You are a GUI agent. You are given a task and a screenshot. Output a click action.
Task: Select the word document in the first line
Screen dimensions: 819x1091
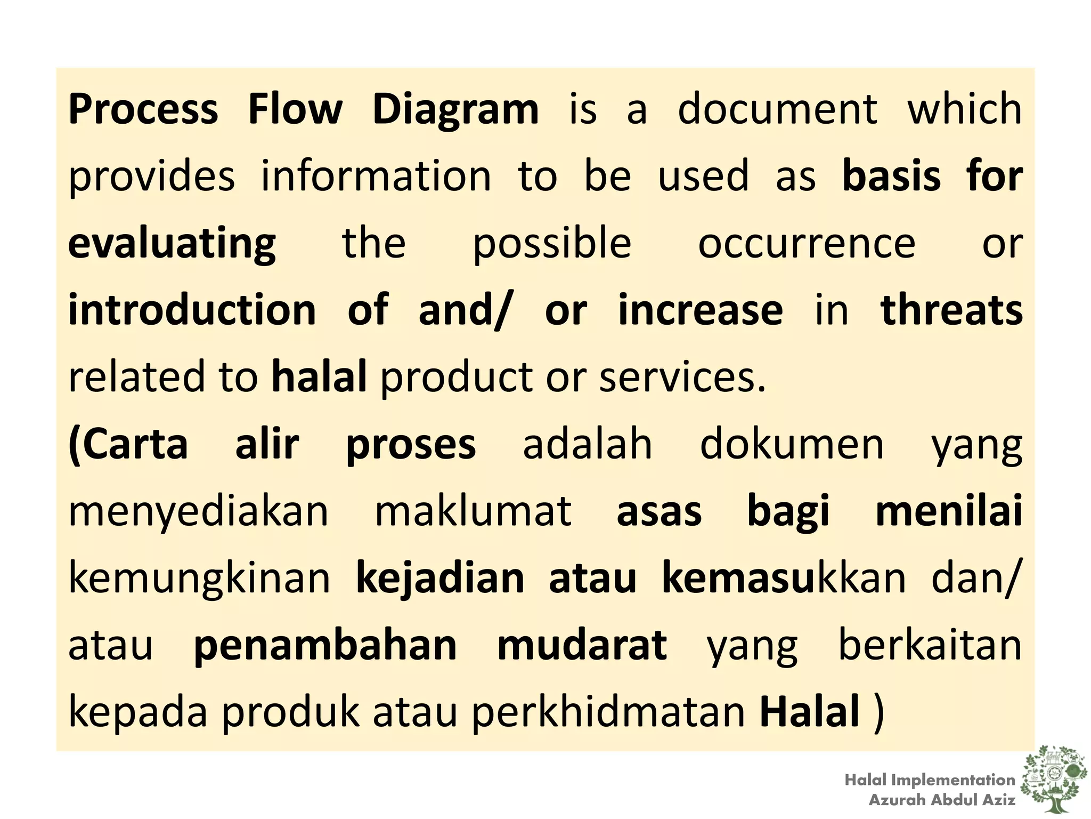point(777,109)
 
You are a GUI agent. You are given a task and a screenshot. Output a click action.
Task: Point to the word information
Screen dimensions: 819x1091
point(376,176)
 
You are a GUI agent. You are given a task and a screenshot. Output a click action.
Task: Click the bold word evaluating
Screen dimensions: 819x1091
point(172,244)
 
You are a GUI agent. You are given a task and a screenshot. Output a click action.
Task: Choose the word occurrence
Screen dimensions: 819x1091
point(807,244)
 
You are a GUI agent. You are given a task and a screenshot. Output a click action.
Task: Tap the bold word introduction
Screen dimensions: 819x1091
point(192,310)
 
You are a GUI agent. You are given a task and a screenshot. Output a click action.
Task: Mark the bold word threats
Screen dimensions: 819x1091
point(951,310)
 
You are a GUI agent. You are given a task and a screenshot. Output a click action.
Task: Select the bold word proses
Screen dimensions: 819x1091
point(411,445)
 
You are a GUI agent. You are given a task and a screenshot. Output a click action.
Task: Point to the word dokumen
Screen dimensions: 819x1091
point(792,444)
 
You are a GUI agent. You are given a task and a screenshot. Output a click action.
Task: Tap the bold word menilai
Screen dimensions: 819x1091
point(949,511)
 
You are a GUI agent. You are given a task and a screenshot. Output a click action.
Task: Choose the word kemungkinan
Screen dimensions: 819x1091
point(200,579)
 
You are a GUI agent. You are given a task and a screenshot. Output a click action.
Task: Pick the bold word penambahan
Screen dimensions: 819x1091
point(325,646)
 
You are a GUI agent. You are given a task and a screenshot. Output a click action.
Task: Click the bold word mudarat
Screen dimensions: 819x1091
point(582,646)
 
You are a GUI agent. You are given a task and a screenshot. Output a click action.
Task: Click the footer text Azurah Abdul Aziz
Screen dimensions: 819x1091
point(942,800)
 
